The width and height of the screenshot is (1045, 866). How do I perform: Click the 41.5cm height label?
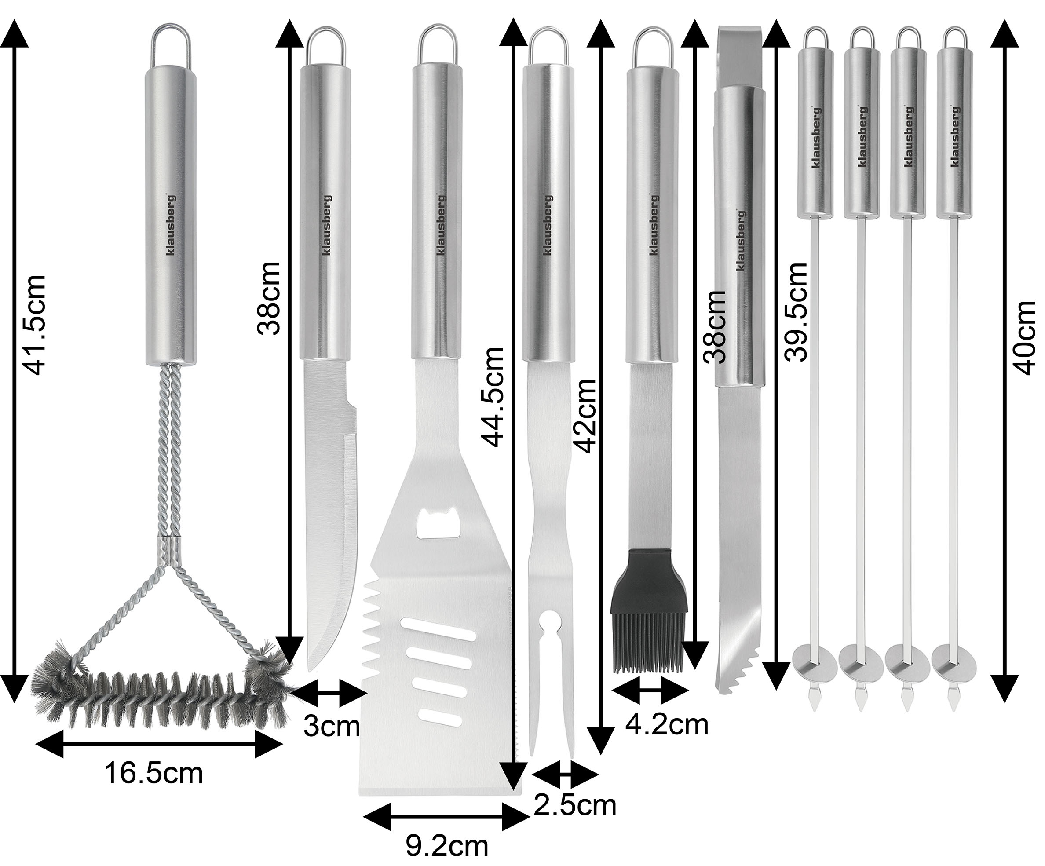point(34,325)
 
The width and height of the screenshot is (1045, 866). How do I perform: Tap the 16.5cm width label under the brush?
point(153,774)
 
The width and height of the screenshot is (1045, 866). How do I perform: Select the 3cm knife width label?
point(332,727)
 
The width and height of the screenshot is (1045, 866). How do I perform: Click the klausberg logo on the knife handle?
point(327,224)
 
